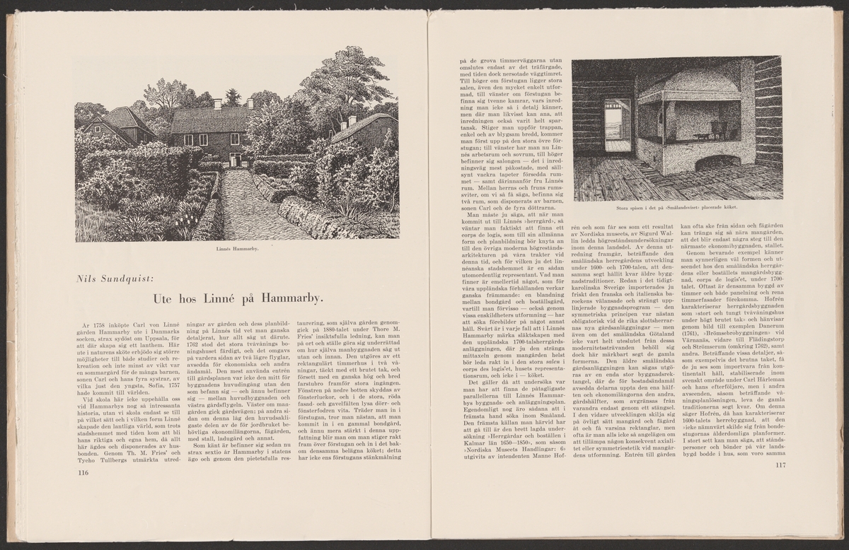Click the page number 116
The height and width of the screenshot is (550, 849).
pos(82,472)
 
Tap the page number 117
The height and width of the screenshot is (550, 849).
pos(780,465)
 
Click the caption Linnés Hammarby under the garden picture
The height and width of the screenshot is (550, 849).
pos(236,250)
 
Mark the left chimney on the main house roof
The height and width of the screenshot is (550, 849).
pos(217,104)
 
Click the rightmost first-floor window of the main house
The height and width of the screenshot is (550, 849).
pos(234,139)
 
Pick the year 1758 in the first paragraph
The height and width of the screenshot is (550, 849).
pos(103,324)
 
